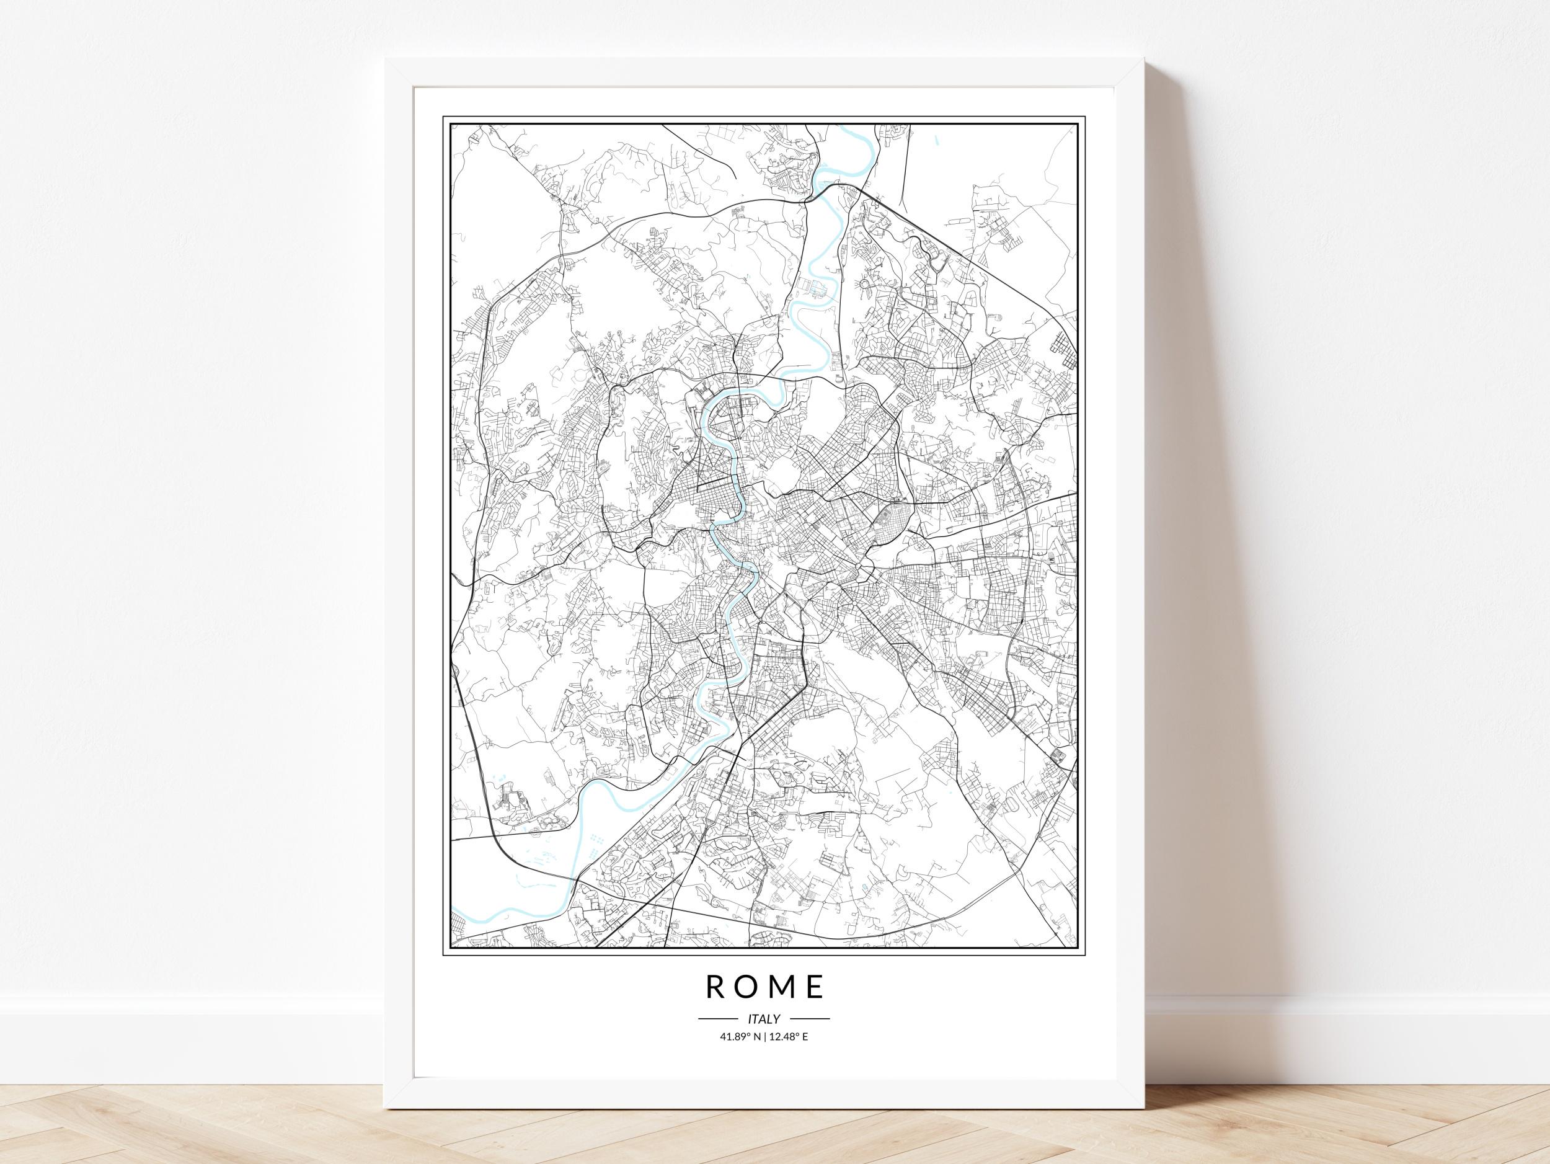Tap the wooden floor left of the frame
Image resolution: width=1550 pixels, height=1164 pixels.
pyautogui.click(x=189, y=1121)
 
